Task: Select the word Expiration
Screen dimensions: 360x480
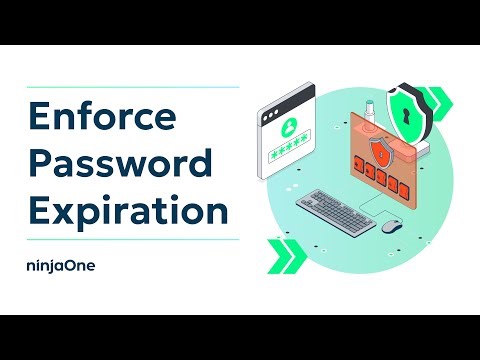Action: tap(127, 211)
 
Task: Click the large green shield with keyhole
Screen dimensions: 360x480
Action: tap(411, 116)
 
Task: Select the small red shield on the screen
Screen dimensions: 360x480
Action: tap(379, 151)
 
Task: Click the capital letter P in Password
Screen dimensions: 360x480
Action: tap(39, 163)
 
